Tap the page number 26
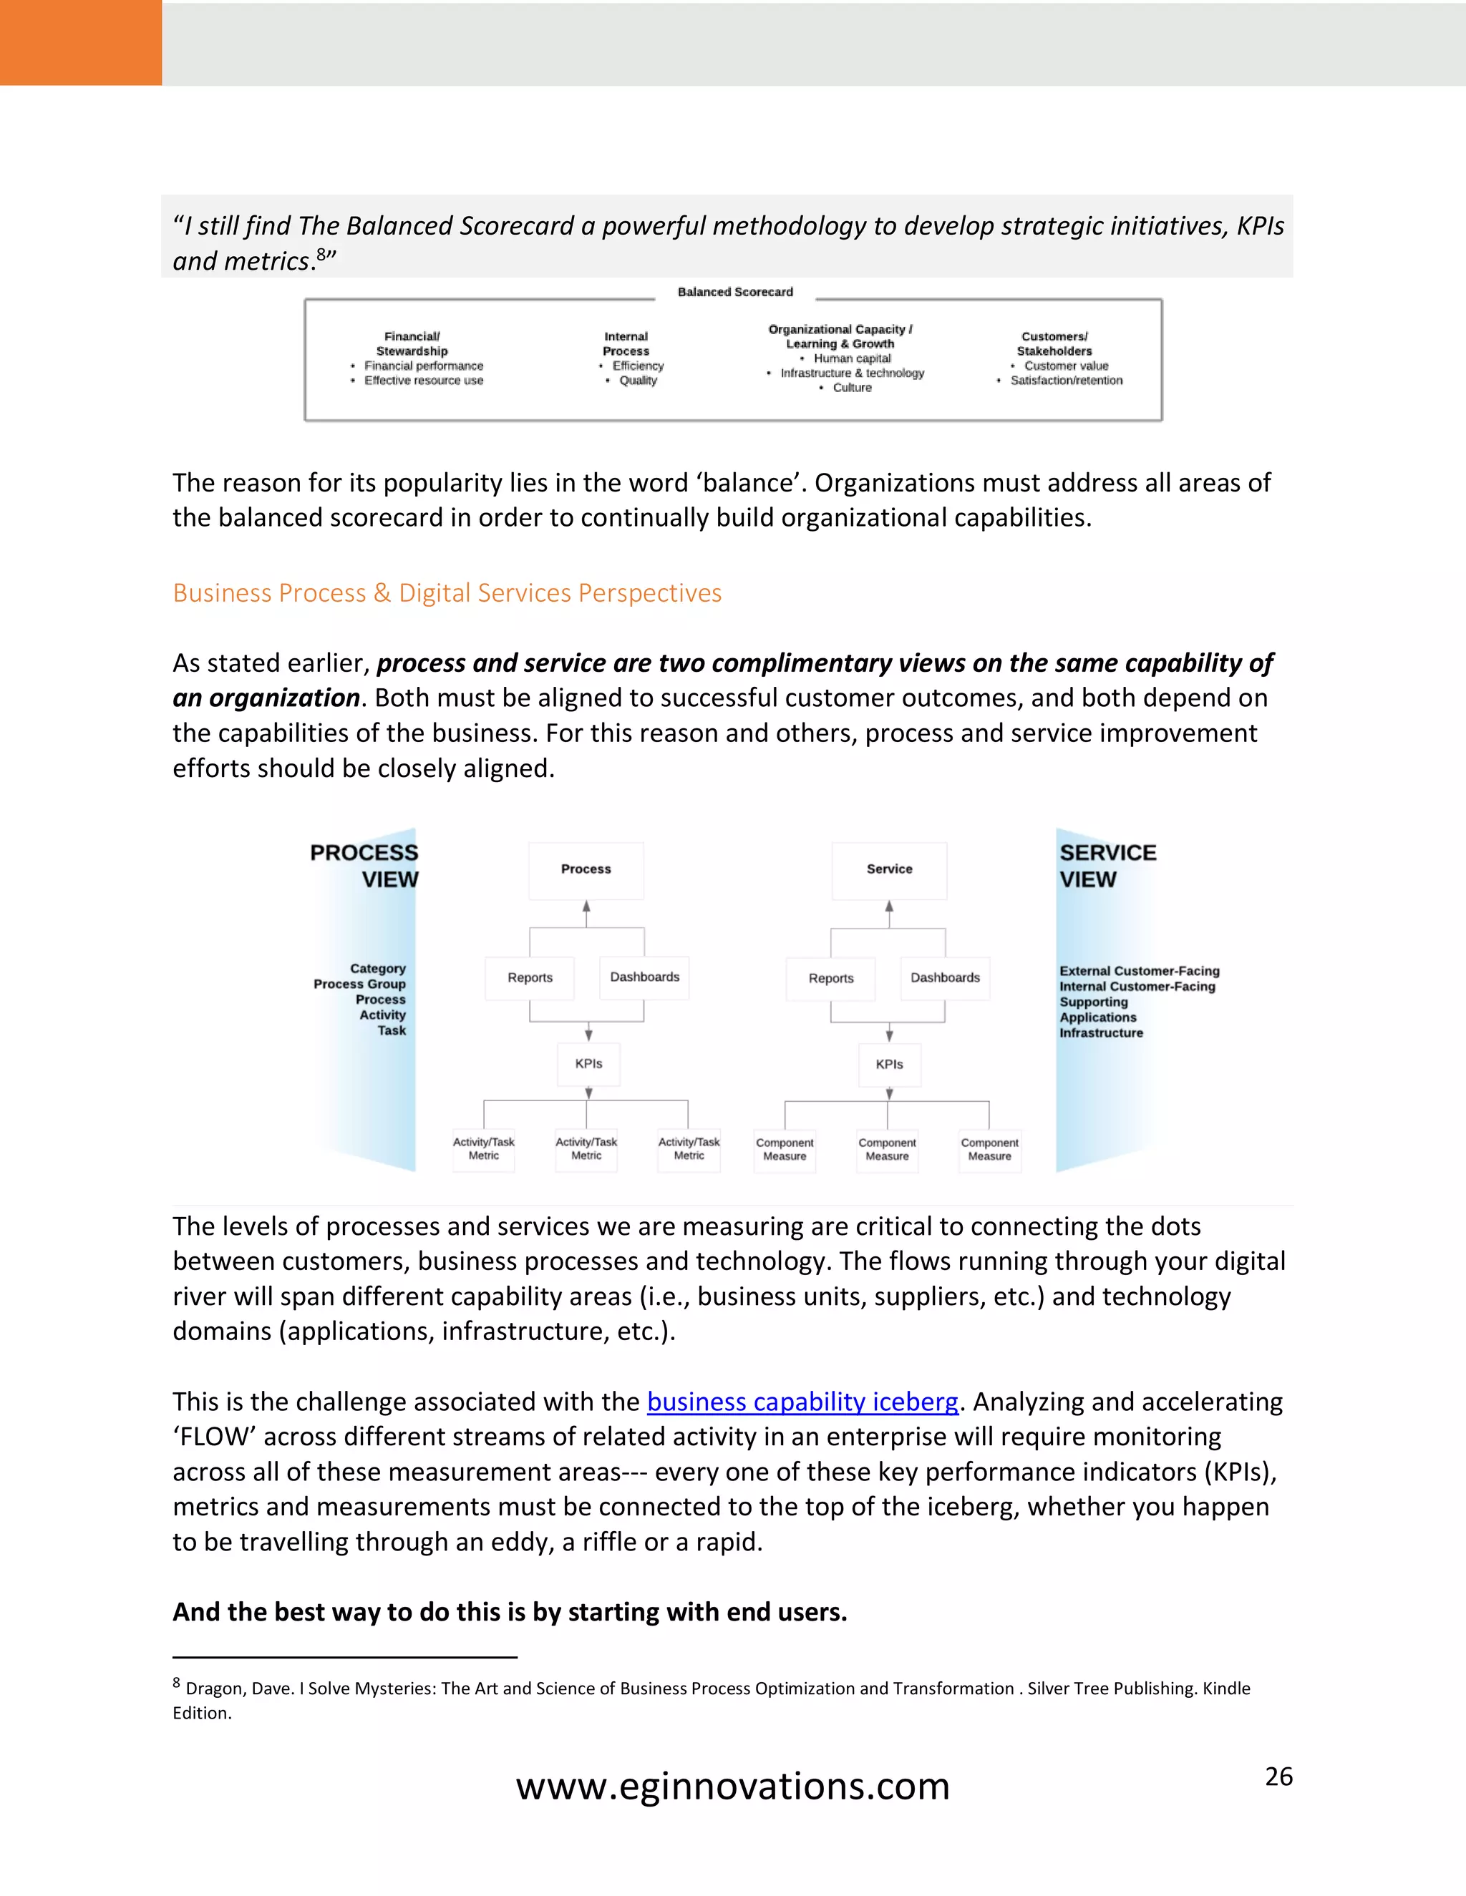1278,1777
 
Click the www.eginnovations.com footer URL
732,1787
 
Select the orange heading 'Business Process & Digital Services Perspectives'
447,593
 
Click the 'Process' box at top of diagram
586,869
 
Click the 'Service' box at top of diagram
889,869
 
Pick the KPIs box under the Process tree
589,1063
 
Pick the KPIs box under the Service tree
889,1065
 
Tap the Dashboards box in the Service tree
945,977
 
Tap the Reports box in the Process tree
530,977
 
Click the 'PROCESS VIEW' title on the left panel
365,866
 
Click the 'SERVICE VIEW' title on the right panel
1107,866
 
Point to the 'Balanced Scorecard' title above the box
734,293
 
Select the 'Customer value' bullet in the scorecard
1066,366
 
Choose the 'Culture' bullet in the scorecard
851,388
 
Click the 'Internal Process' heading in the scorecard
626,343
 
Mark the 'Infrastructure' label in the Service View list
1100,1033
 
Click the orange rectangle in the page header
81,42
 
